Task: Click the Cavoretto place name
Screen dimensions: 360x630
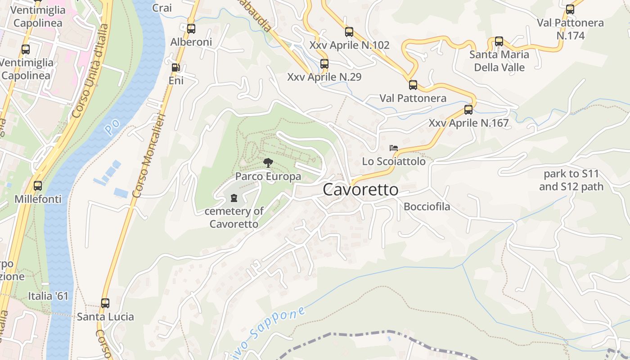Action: pos(360,190)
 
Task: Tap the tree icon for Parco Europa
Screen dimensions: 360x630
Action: pos(268,163)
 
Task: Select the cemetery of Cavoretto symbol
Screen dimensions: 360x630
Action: pos(234,198)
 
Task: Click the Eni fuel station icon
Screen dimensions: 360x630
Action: pos(176,68)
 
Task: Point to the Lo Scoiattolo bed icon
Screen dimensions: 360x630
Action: pos(394,148)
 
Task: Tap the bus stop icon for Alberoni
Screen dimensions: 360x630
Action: pos(191,29)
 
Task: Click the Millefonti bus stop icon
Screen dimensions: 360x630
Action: pos(38,185)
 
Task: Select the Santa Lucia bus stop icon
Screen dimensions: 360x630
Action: pos(105,303)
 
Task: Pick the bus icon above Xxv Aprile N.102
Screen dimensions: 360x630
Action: pos(349,32)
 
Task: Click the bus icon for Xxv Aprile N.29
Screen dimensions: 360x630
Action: pos(324,64)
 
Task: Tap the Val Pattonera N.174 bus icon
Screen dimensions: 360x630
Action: pos(570,9)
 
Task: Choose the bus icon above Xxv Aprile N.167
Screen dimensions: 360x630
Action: pos(468,110)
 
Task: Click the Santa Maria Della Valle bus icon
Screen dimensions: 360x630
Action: pos(499,41)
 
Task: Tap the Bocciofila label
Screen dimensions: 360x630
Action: pos(427,207)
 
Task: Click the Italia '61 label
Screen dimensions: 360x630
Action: pos(48,296)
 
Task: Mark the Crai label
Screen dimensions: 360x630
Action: pos(162,8)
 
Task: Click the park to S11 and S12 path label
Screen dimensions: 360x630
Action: pos(571,180)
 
